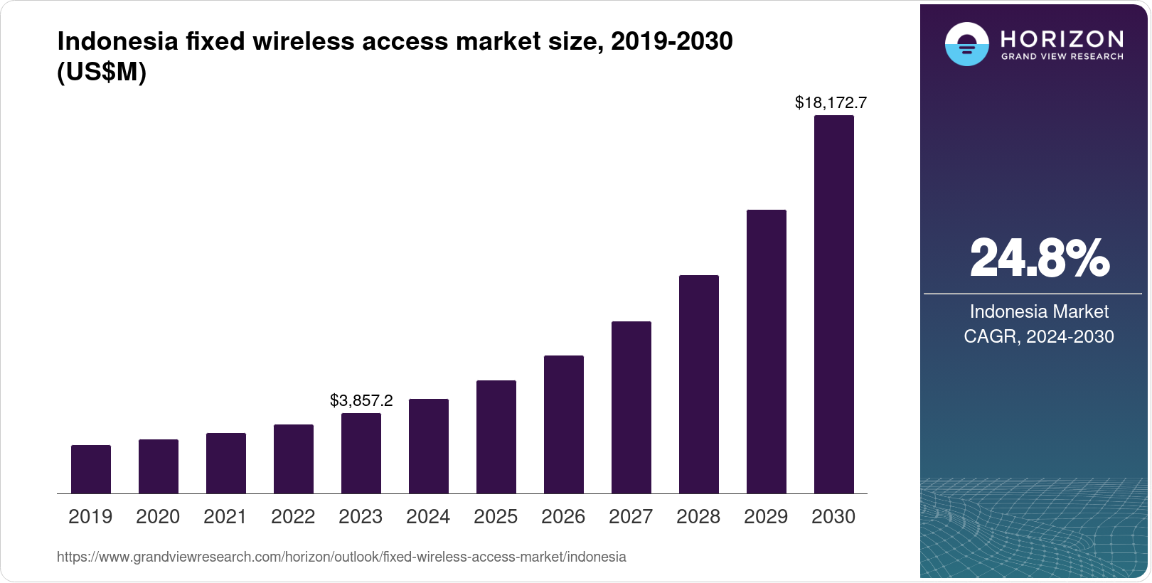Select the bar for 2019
tap(91, 469)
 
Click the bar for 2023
tap(361, 454)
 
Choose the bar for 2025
tap(496, 437)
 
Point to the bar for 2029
tap(767, 352)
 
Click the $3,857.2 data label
tap(361, 401)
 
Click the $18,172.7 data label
tap(831, 103)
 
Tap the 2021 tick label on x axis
tap(225, 517)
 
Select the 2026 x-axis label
tap(563, 517)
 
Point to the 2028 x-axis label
tap(698, 517)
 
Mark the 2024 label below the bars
tap(428, 517)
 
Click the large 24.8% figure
tap(1039, 258)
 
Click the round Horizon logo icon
tap(966, 44)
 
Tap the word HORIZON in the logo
tap(1062, 38)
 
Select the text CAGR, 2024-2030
tap(1039, 336)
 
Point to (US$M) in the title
tap(102, 73)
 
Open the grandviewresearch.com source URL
tap(341, 557)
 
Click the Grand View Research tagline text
tap(1062, 56)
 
